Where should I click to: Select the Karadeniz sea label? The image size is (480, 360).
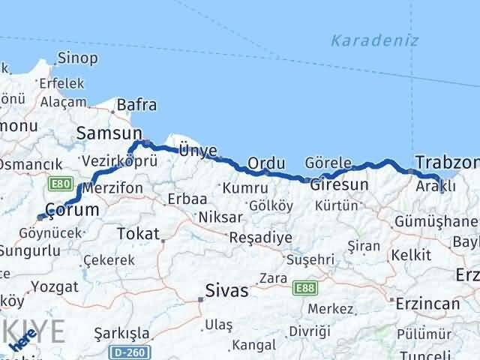(x=375, y=40)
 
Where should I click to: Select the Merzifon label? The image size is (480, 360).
(x=113, y=188)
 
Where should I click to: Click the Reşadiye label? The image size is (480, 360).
(x=259, y=236)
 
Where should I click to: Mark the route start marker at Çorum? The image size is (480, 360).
(x=40, y=217)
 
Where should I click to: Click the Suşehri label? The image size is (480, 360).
(x=307, y=260)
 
